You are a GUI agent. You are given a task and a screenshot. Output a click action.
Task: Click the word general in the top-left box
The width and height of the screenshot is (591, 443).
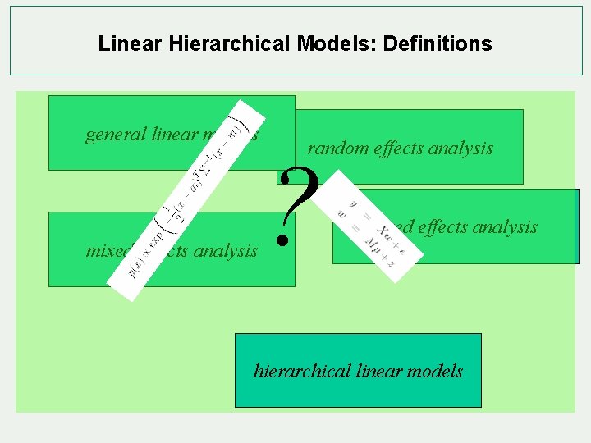(117, 134)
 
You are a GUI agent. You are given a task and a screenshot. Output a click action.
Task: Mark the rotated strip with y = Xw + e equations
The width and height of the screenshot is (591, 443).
(378, 226)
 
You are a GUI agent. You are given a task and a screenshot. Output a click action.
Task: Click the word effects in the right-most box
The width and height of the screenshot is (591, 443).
(442, 226)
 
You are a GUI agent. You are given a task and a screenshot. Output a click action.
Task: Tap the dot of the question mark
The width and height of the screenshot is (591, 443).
(283, 240)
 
